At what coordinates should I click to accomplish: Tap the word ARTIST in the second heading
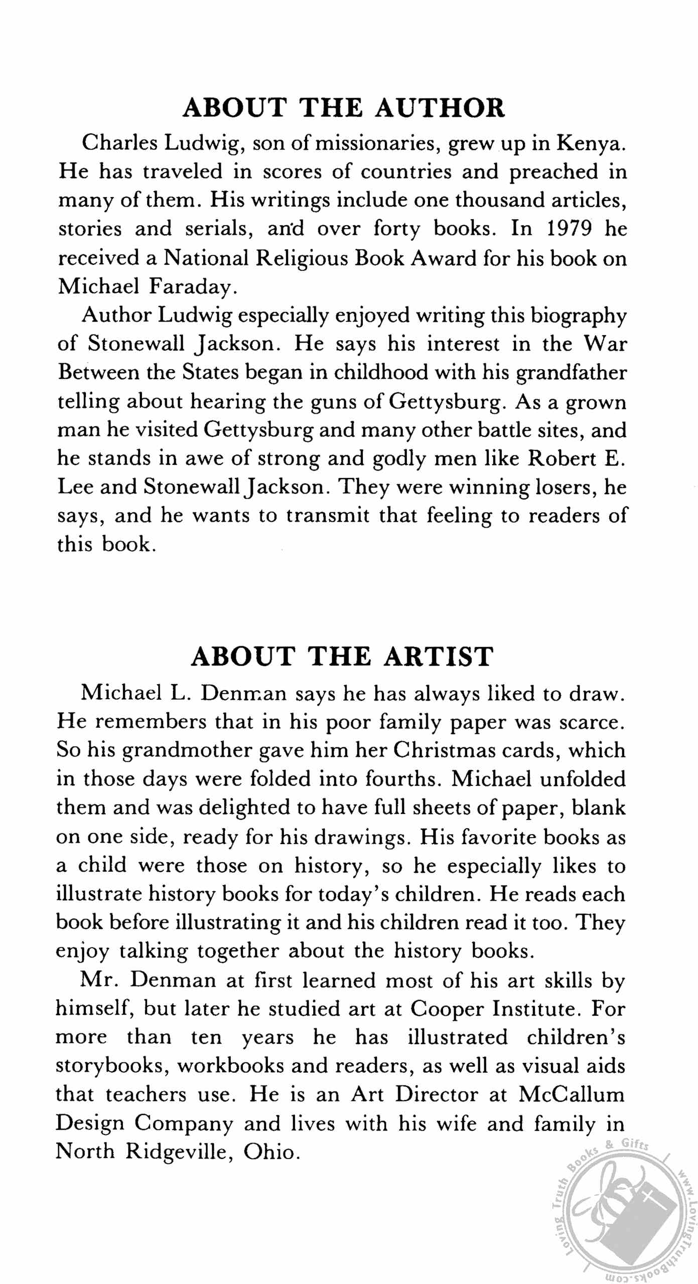[439, 656]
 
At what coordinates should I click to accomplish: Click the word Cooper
[448, 1009]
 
